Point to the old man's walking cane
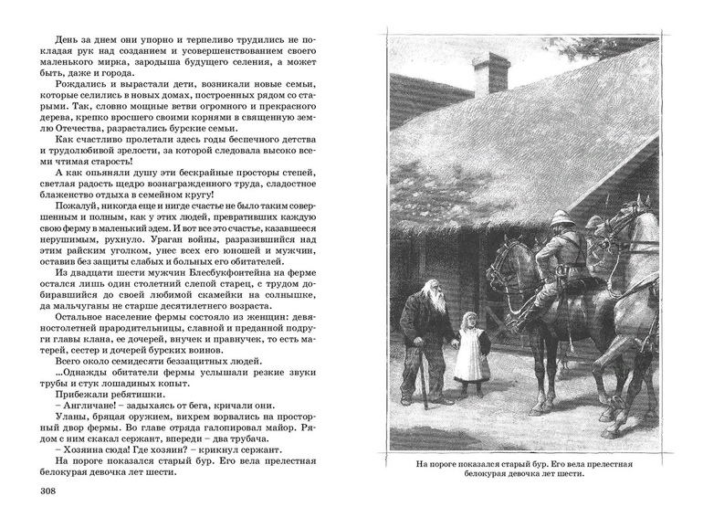422,374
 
